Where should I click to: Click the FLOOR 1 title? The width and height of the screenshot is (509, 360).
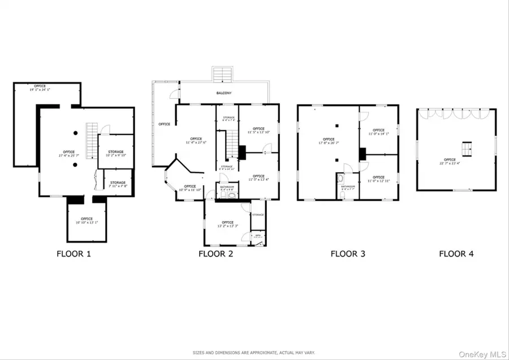click(74, 254)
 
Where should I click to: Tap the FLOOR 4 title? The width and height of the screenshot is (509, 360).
click(456, 254)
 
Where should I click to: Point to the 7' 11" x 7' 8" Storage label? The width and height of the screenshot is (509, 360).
click(118, 184)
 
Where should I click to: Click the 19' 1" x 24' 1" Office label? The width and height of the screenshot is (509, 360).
click(40, 88)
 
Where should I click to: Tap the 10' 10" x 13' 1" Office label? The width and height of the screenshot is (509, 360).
click(87, 220)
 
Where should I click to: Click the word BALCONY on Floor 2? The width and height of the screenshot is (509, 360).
click(223, 93)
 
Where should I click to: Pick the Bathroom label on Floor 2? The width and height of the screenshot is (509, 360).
click(227, 188)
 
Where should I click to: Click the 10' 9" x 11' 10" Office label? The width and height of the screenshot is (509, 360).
click(189, 188)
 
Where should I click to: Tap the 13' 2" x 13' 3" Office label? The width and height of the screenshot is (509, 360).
click(227, 224)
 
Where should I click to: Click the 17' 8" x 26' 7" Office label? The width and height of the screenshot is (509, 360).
click(329, 141)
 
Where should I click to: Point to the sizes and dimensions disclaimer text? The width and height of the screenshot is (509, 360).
click(254, 351)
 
